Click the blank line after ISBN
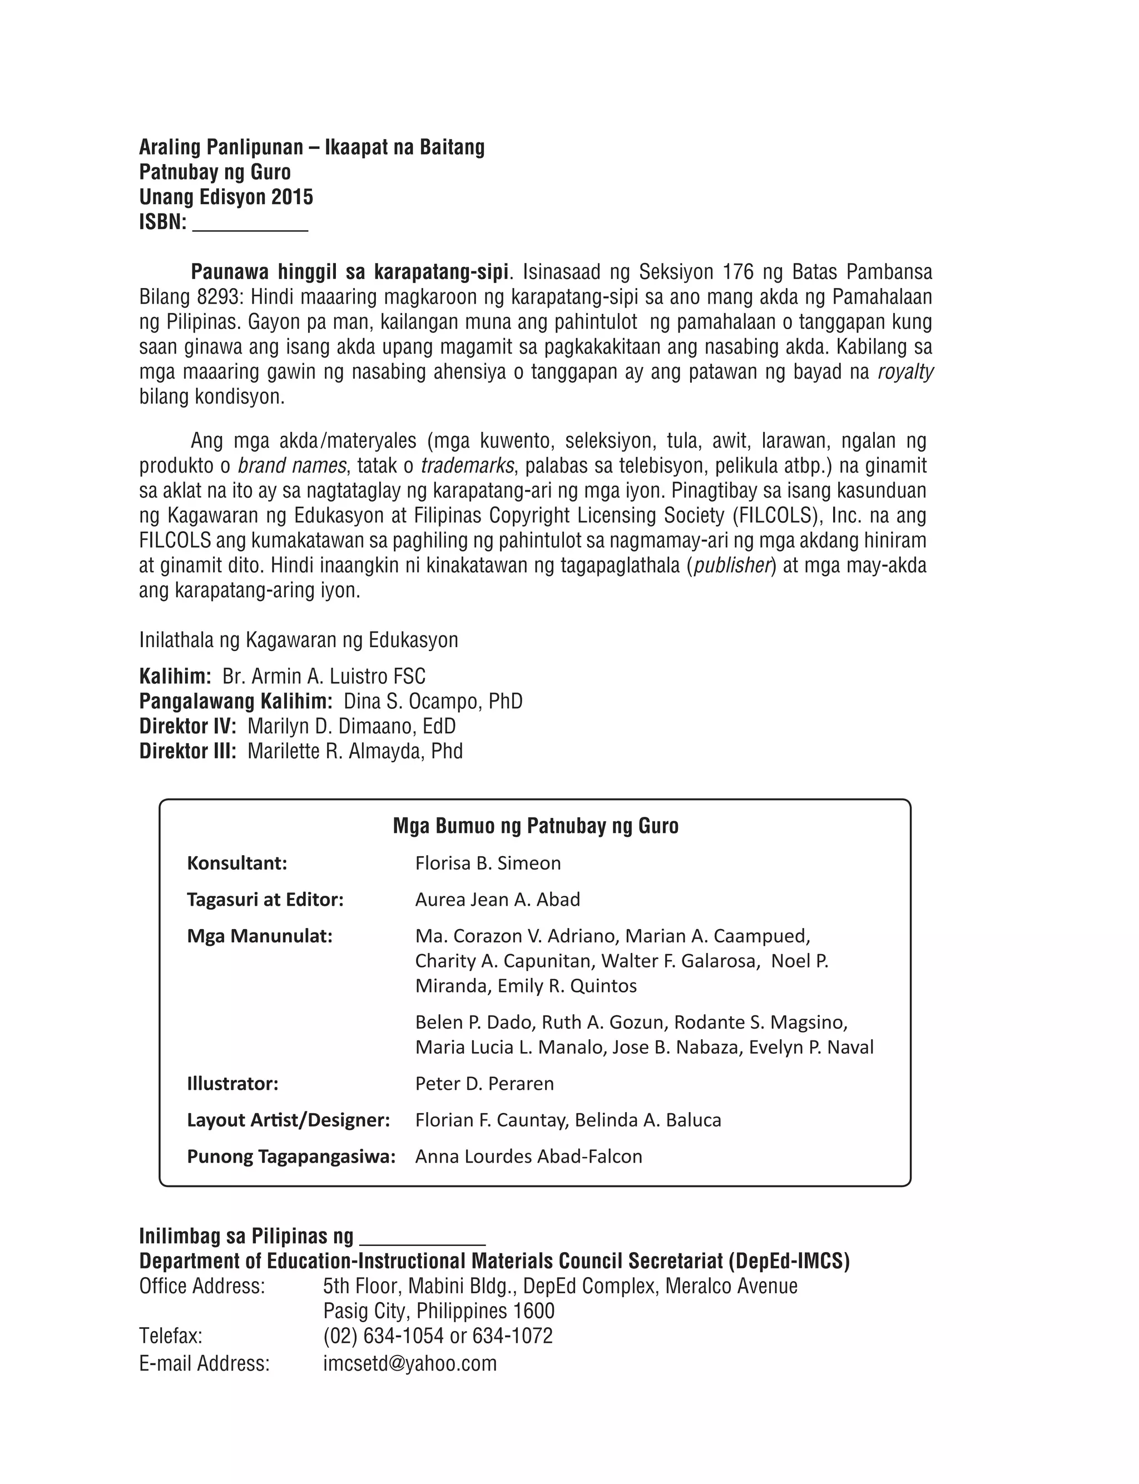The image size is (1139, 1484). tap(250, 227)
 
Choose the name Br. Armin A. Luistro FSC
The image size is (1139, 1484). tap(324, 676)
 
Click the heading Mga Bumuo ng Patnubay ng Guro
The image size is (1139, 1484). tap(536, 826)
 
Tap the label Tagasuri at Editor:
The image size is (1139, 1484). tap(265, 900)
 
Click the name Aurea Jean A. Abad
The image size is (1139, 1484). tap(498, 900)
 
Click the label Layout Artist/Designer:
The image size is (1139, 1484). tap(288, 1120)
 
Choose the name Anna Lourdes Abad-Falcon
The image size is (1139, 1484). tap(529, 1157)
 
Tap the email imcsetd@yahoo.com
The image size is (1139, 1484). tap(409, 1363)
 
